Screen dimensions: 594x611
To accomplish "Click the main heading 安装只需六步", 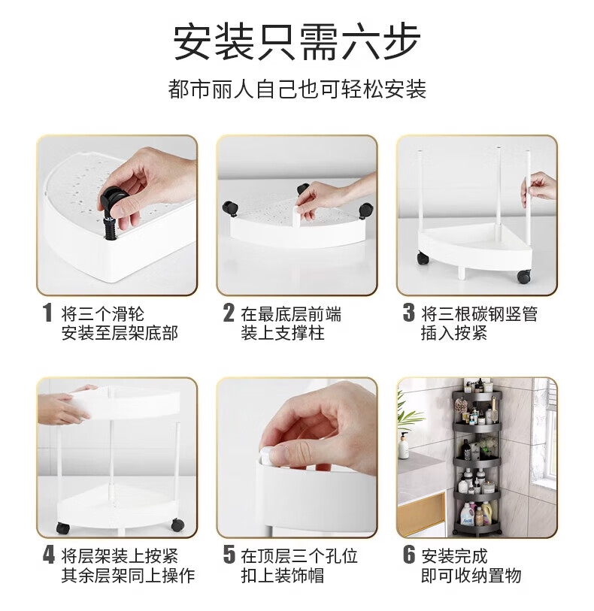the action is tap(296, 42).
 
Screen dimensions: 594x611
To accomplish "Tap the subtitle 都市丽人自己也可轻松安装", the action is tap(297, 89).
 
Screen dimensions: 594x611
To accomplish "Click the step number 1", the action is tap(47, 313).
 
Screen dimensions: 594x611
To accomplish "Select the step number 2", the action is tap(229, 313).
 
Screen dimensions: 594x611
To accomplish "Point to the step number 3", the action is tap(409, 313).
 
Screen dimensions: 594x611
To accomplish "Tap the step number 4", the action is tap(49, 555).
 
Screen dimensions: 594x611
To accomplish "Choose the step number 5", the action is tap(229, 555).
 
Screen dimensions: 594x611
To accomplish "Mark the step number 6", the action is tap(409, 555).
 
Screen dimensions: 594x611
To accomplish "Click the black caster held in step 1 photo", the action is tap(111, 203).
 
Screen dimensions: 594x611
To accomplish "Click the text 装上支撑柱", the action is tap(283, 333).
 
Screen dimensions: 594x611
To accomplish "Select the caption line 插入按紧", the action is tap(453, 333).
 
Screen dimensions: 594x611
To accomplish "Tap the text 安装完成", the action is tap(454, 555).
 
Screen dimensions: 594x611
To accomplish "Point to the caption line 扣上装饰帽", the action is tap(283, 576).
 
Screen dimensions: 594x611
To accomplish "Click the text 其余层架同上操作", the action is tap(128, 576).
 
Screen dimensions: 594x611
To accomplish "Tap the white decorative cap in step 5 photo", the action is tap(265, 456).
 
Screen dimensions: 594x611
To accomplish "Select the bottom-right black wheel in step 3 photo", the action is tap(523, 276).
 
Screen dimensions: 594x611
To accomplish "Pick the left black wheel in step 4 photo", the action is tap(63, 528).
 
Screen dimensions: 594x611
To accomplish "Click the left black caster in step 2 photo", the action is tap(229, 208).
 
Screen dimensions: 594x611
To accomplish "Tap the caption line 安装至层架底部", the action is tap(120, 333).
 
